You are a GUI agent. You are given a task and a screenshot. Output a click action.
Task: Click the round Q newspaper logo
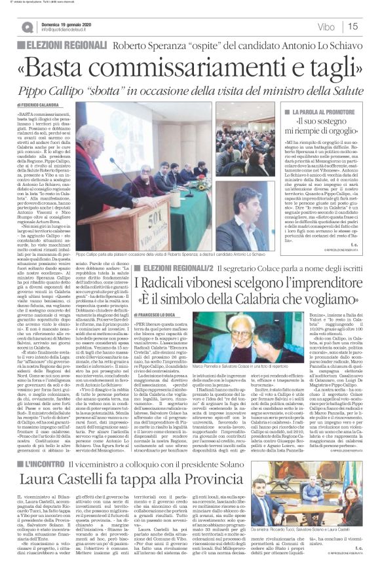[x=28, y=27]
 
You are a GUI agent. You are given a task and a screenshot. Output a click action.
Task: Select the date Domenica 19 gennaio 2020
[x=68, y=23]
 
